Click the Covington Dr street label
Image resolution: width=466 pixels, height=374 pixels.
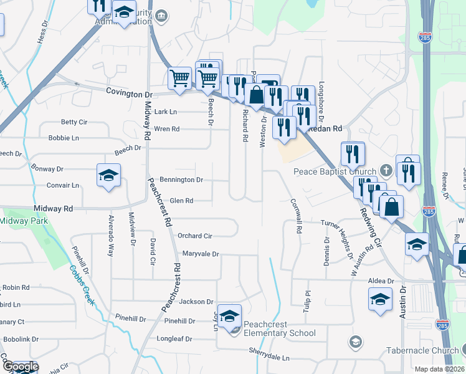tap(129, 94)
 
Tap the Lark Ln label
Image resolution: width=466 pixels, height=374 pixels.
tap(166, 112)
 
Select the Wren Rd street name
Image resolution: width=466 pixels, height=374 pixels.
tap(166, 129)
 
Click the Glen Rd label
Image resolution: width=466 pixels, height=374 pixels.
tap(181, 201)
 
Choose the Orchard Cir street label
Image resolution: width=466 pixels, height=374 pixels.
tap(195, 236)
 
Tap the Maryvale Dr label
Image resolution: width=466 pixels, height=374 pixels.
tap(201, 254)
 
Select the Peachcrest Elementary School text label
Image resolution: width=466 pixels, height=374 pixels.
tap(279, 328)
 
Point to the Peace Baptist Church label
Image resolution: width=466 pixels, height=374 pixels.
tap(335, 171)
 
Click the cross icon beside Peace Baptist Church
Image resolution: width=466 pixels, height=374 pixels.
tap(386, 171)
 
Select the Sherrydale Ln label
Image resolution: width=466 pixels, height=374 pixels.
tap(269, 358)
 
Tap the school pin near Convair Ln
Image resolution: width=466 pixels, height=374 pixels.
tap(108, 176)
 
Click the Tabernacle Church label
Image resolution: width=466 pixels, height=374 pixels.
tap(422, 350)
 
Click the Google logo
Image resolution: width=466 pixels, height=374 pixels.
tap(20, 367)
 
